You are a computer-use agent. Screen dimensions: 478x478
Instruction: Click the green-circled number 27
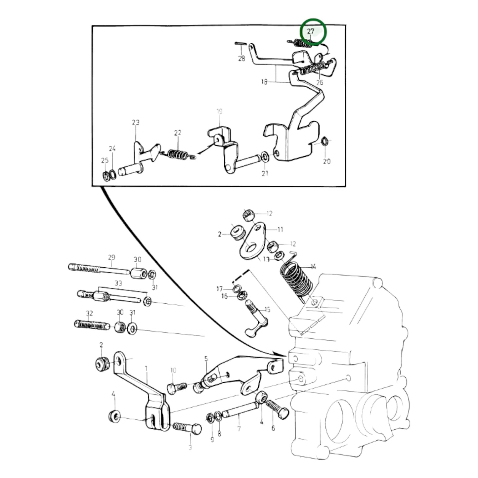pyautogui.click(x=311, y=32)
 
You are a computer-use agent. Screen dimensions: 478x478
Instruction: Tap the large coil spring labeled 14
pyautogui.click(x=296, y=278)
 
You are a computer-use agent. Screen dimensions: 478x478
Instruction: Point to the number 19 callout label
pyautogui.click(x=219, y=111)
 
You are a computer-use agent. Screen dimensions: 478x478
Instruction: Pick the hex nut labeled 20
pyautogui.click(x=325, y=142)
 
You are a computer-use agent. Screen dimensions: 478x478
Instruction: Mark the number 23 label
pyautogui.click(x=136, y=122)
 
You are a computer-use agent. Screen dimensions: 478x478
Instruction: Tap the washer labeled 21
pyautogui.click(x=265, y=156)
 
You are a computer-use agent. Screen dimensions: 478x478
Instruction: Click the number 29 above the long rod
pyautogui.click(x=111, y=257)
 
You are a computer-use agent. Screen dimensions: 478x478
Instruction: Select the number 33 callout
pyautogui.click(x=118, y=283)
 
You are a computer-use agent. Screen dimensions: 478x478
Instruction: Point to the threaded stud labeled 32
pyautogui.click(x=92, y=324)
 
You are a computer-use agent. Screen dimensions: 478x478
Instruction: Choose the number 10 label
pyautogui.click(x=174, y=370)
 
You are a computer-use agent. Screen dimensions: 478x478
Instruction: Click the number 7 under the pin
pyautogui.click(x=239, y=429)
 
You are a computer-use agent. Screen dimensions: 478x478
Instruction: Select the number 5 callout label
pyautogui.click(x=206, y=359)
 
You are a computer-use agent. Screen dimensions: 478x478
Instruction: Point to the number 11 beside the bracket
pyautogui.click(x=281, y=229)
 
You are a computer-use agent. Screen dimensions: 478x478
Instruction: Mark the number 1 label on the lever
pyautogui.click(x=146, y=369)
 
